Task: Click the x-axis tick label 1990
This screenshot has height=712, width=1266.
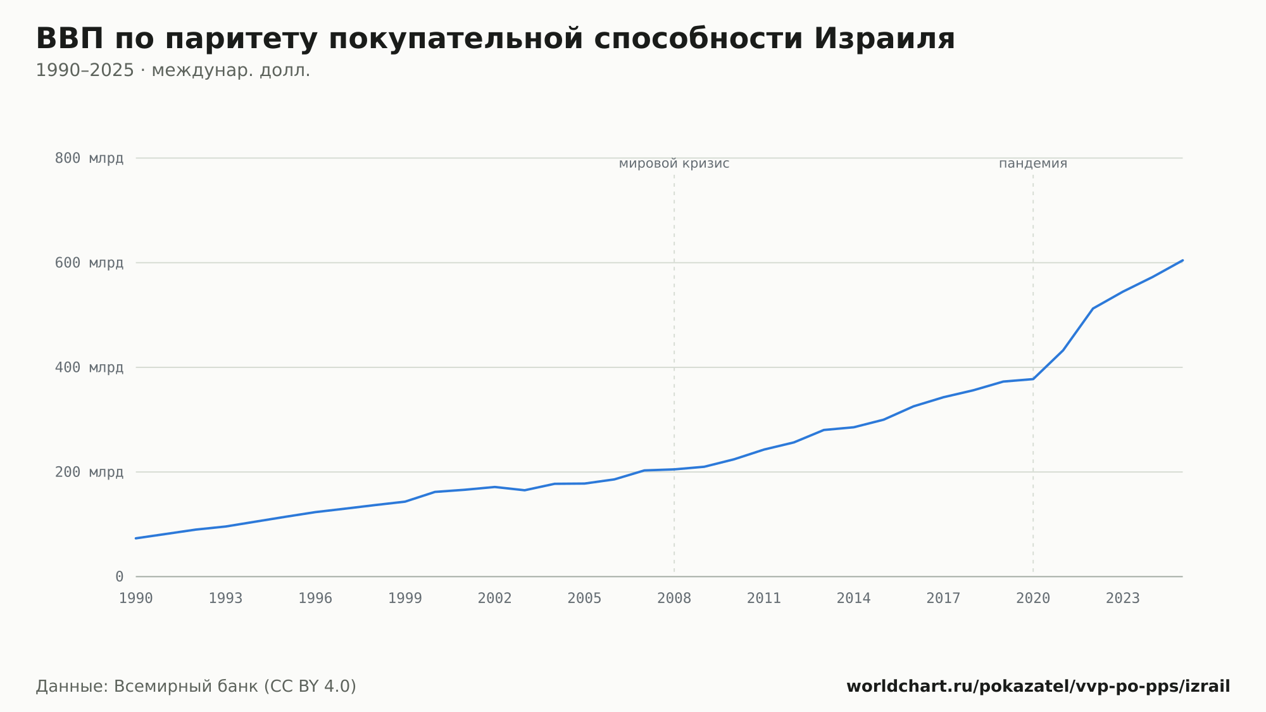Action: pyautogui.click(x=136, y=599)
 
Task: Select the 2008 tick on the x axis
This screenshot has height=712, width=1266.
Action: pyautogui.click(x=674, y=599)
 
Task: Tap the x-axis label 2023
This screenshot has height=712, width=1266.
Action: pyautogui.click(x=1123, y=599)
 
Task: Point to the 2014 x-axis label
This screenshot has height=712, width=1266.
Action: pyautogui.click(x=854, y=599)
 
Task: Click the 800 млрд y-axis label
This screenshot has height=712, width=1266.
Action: pyautogui.click(x=89, y=158)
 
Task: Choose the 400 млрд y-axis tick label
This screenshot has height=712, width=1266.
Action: pyautogui.click(x=89, y=367)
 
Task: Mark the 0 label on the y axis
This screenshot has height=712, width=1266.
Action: pyautogui.click(x=120, y=577)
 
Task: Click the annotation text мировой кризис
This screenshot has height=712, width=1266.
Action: pyautogui.click(x=674, y=164)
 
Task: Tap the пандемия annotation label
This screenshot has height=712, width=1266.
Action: pyautogui.click(x=1033, y=164)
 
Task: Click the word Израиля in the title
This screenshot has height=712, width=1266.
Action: pyautogui.click(x=884, y=39)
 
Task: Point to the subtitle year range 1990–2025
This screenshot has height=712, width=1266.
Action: pyautogui.click(x=85, y=70)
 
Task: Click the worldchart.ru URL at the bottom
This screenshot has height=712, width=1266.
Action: pyautogui.click(x=1038, y=687)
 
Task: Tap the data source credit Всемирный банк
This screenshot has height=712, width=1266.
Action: pyautogui.click(x=186, y=687)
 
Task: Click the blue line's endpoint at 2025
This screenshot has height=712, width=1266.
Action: pyautogui.click(x=1182, y=260)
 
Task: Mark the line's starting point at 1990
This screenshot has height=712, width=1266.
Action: pyautogui.click(x=136, y=538)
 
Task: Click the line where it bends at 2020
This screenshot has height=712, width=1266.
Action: pyautogui.click(x=1033, y=379)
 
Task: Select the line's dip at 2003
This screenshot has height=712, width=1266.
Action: pyautogui.click(x=525, y=490)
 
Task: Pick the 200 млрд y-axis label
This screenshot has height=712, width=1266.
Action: pyautogui.click(x=89, y=473)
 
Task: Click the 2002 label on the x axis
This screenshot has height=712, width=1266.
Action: pyautogui.click(x=495, y=599)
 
